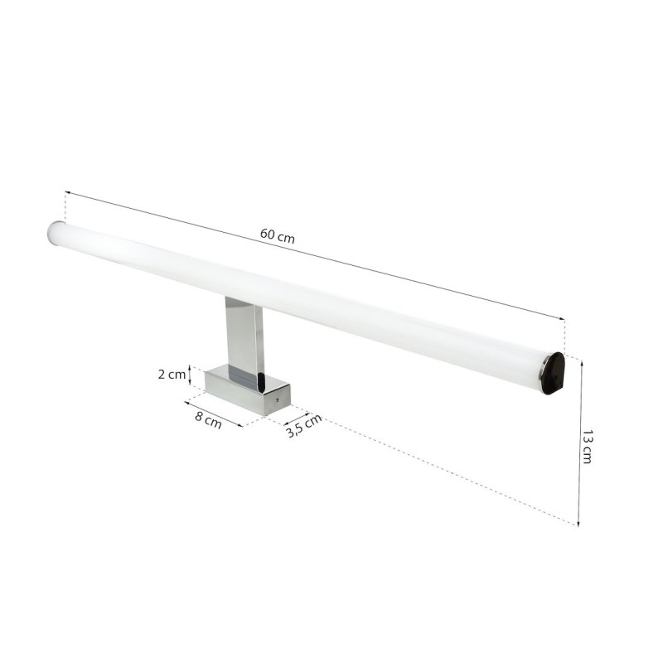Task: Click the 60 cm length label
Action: (277, 235)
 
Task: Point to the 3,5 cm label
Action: (303, 427)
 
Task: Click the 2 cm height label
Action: (172, 374)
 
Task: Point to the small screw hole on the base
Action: (277, 401)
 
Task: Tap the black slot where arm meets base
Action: (259, 383)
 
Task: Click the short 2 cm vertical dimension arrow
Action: (192, 375)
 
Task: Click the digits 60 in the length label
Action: (267, 233)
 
